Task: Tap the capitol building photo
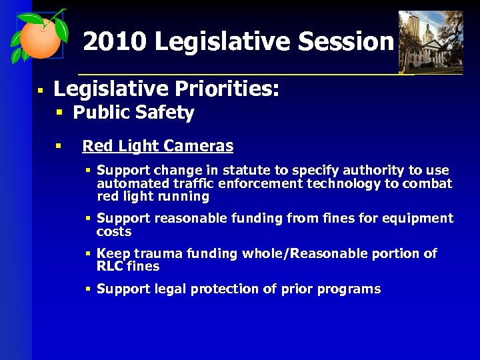430,41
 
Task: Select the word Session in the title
346,42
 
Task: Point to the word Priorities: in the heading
226,89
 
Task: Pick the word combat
427,183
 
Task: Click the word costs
114,232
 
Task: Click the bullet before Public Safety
59,113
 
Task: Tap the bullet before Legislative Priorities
41,89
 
